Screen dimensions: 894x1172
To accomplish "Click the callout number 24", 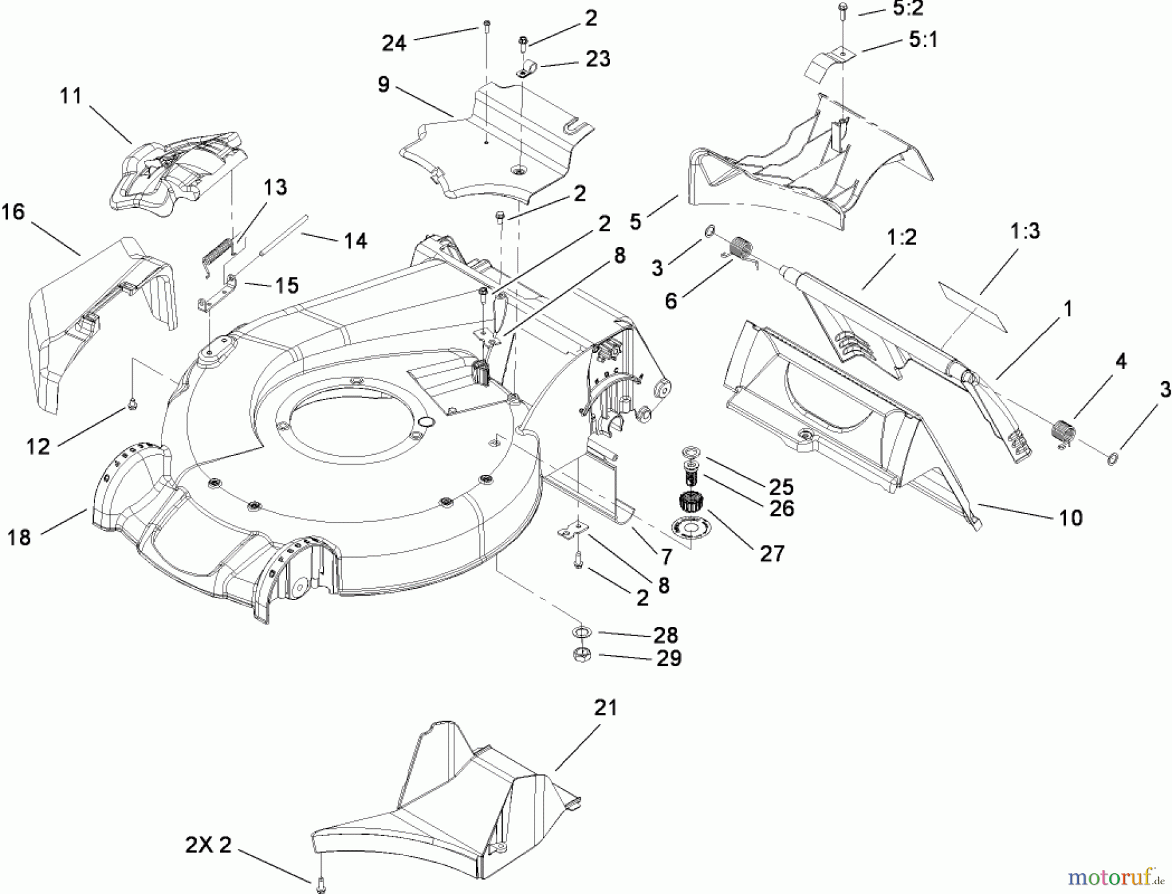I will (394, 43).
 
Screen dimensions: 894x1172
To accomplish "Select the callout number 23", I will (598, 59).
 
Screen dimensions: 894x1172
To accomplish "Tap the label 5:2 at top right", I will (908, 9).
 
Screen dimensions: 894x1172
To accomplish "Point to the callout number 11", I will (71, 96).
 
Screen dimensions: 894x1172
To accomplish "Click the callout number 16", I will (13, 212).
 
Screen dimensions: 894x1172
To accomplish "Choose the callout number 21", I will (606, 708).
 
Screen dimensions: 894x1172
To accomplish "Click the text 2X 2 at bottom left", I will (208, 845).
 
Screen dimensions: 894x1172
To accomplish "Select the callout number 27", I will (772, 553).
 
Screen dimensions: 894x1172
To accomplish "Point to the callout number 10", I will (1070, 518).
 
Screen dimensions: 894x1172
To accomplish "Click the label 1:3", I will (1025, 231).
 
